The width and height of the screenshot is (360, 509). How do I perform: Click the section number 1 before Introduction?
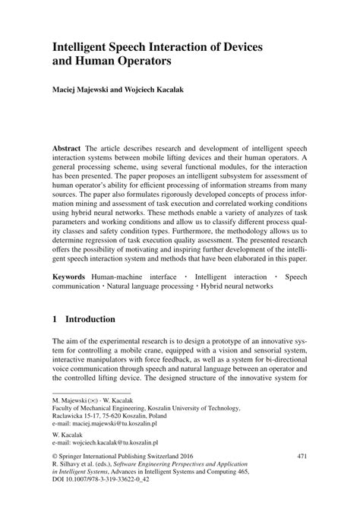click(x=55, y=320)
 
